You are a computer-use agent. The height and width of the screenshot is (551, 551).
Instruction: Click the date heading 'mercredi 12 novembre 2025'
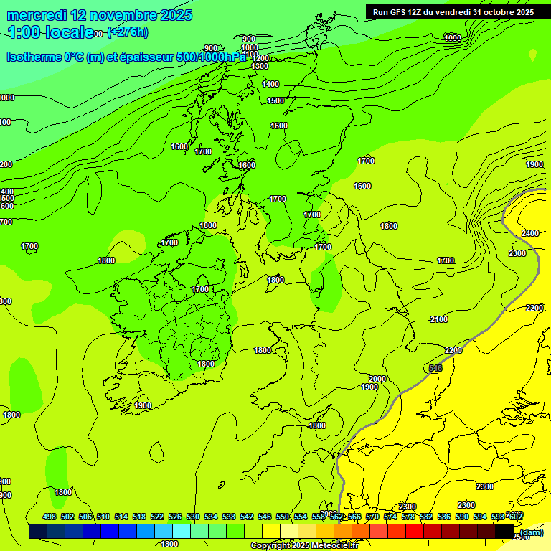100,15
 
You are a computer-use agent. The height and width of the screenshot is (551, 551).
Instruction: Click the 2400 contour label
530,233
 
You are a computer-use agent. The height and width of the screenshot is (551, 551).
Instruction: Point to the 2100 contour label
439,319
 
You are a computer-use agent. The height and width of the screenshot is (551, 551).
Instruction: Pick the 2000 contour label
377,379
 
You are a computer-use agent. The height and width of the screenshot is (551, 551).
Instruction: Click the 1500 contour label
275,100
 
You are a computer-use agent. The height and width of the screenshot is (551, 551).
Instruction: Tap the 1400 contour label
270,84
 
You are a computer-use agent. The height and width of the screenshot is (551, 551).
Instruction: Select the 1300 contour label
260,66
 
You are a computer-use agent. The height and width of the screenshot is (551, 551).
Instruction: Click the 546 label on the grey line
435,368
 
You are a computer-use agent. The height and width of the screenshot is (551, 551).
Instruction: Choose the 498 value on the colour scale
50,517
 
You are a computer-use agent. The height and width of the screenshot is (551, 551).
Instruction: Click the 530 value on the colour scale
193,517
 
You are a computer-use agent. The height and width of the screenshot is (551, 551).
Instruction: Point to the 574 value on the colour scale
390,517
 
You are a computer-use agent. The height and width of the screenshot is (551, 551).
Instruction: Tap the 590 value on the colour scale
462,517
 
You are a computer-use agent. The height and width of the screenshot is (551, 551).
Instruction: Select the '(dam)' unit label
532,532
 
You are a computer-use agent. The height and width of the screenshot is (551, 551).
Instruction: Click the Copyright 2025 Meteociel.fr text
304,545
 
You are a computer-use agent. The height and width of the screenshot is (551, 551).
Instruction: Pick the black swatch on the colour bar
504,532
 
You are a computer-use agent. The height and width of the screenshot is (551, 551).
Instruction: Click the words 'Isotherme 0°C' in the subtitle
44,57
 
